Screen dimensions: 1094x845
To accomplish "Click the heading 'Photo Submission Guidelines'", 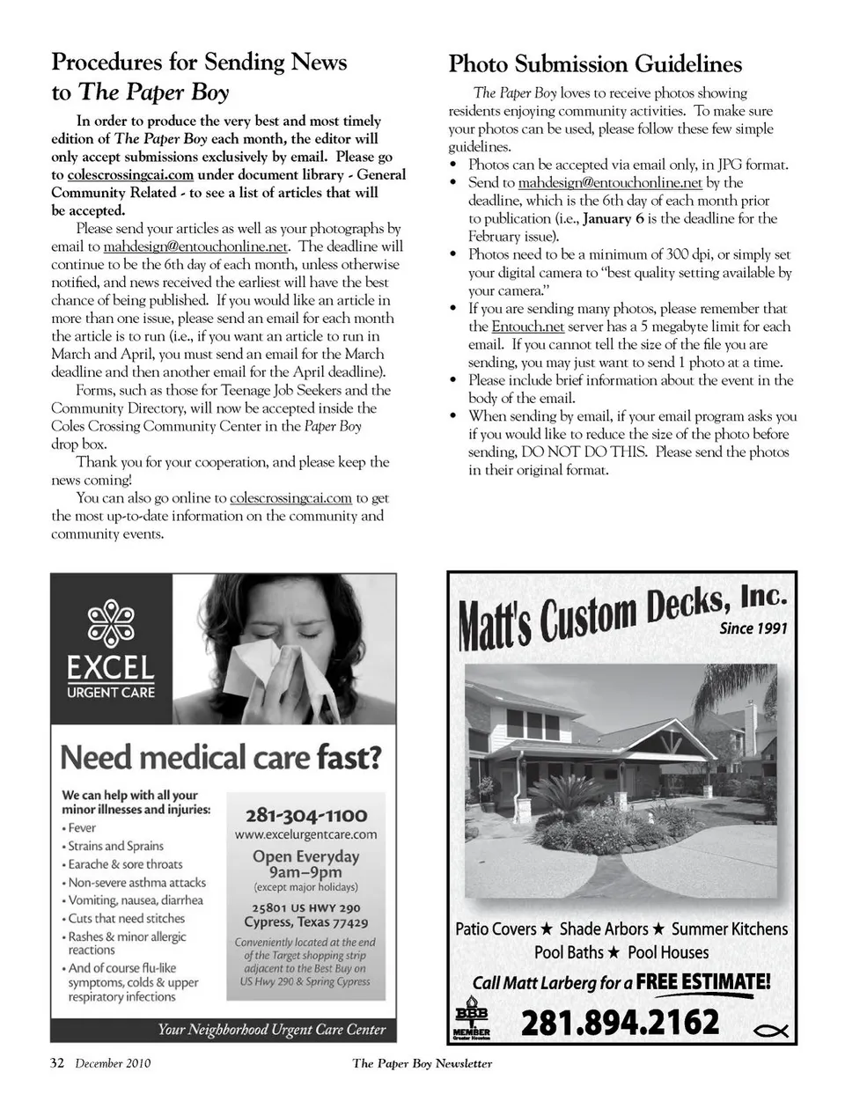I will pyautogui.click(x=595, y=64).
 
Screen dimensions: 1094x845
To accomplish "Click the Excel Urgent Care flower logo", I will pyautogui.click(x=110, y=622).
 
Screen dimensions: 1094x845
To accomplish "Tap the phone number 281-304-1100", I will pyautogui.click(x=306, y=815).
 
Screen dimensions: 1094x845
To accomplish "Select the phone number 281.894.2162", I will pyautogui.click(x=621, y=1023).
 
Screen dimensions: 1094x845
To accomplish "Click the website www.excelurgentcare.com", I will pyautogui.click(x=306, y=834).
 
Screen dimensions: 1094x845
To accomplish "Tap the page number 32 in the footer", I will pyautogui.click(x=57, y=1062).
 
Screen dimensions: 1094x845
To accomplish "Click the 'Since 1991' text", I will pyautogui.click(x=753, y=628).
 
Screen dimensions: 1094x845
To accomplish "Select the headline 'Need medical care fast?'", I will pyautogui.click(x=221, y=757).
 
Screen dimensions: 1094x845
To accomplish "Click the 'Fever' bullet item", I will pyautogui.click(x=82, y=828).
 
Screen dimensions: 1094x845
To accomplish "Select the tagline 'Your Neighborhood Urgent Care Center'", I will pyautogui.click(x=271, y=1029).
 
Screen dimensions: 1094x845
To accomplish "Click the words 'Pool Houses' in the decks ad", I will pyautogui.click(x=668, y=952).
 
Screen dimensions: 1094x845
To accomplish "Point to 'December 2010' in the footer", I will pyautogui.click(x=113, y=1063).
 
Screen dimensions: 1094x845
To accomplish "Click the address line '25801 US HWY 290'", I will pyautogui.click(x=305, y=907).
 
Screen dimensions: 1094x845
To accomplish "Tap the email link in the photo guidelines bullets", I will pyautogui.click(x=610, y=182).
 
